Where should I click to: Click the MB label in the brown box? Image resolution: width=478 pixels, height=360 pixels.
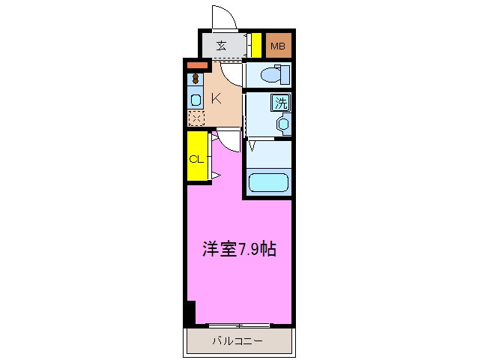pyautogui.click(x=278, y=46)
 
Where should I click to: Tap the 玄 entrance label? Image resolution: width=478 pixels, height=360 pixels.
pyautogui.click(x=222, y=46)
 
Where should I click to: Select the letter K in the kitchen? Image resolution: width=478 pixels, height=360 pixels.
pyautogui.click(x=215, y=97)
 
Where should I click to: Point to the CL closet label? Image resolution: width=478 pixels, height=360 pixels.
pyautogui.click(x=196, y=159)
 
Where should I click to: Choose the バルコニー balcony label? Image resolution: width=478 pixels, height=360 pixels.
pyautogui.click(x=236, y=341)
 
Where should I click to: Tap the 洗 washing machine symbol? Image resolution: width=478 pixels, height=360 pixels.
pyautogui.click(x=280, y=102)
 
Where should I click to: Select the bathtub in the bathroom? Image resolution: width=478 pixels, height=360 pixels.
pyautogui.click(x=268, y=183)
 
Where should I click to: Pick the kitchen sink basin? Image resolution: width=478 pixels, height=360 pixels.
pyautogui.click(x=195, y=99)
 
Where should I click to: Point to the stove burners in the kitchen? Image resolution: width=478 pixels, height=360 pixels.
pyautogui.click(x=195, y=78)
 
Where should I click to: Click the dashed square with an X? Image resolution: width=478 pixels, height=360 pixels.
pyautogui.click(x=195, y=117)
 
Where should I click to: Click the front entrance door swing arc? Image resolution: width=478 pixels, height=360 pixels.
pyautogui.click(x=224, y=16)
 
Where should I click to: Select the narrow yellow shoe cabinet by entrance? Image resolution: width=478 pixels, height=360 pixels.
pyautogui.click(x=255, y=46)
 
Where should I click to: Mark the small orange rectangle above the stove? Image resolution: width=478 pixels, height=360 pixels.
pyautogui.click(x=196, y=66)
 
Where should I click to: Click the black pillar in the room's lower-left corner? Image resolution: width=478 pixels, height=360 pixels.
pyautogui.click(x=190, y=311)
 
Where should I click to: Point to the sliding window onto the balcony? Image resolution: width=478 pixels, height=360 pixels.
pyautogui.click(x=239, y=325)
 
